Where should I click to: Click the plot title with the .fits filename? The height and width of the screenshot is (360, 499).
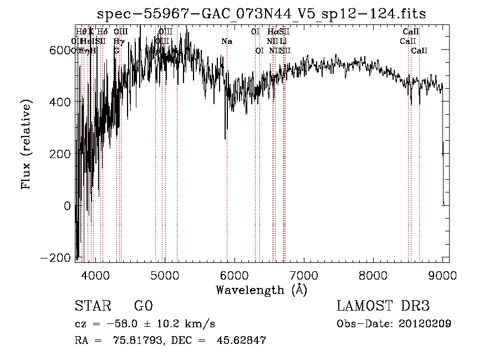[261, 14]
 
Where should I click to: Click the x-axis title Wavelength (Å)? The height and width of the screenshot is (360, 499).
[262, 290]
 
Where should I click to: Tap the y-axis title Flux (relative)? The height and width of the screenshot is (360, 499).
[26, 145]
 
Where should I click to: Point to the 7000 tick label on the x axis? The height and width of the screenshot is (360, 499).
[303, 275]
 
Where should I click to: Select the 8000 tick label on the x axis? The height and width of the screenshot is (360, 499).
[373, 275]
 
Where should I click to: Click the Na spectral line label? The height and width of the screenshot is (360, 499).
[226, 41]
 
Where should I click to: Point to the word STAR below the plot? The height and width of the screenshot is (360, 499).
[92, 306]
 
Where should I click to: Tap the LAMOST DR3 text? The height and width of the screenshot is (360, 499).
[383, 306]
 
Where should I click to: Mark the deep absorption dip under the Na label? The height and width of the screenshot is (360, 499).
[225, 138]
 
